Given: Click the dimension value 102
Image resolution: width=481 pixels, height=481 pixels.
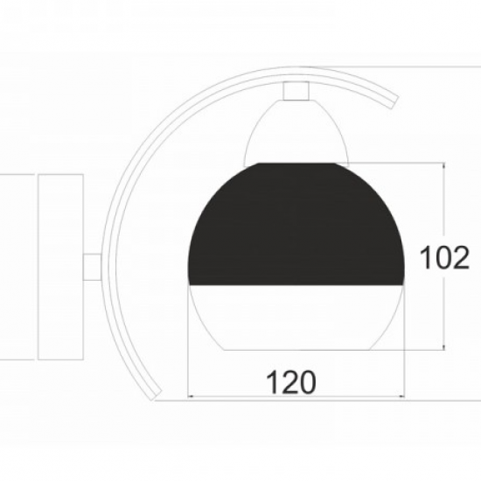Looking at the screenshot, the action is [x=444, y=258].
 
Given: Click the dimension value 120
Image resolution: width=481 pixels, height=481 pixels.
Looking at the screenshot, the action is [x=291, y=382].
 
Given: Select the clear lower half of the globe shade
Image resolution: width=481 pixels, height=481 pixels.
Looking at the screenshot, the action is [x=296, y=316].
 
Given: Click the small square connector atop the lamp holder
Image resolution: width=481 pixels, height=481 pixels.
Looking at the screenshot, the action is [x=296, y=91].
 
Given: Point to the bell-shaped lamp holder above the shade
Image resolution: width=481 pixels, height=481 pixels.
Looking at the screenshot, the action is [x=296, y=132].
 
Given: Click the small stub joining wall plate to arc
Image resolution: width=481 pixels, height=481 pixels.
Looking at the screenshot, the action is [x=92, y=267].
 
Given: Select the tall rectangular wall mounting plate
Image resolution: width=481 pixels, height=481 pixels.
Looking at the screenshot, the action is [x=60, y=267].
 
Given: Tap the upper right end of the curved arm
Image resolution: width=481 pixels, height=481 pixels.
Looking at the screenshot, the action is [x=395, y=102].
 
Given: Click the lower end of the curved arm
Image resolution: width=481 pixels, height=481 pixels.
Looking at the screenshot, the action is [x=156, y=395].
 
